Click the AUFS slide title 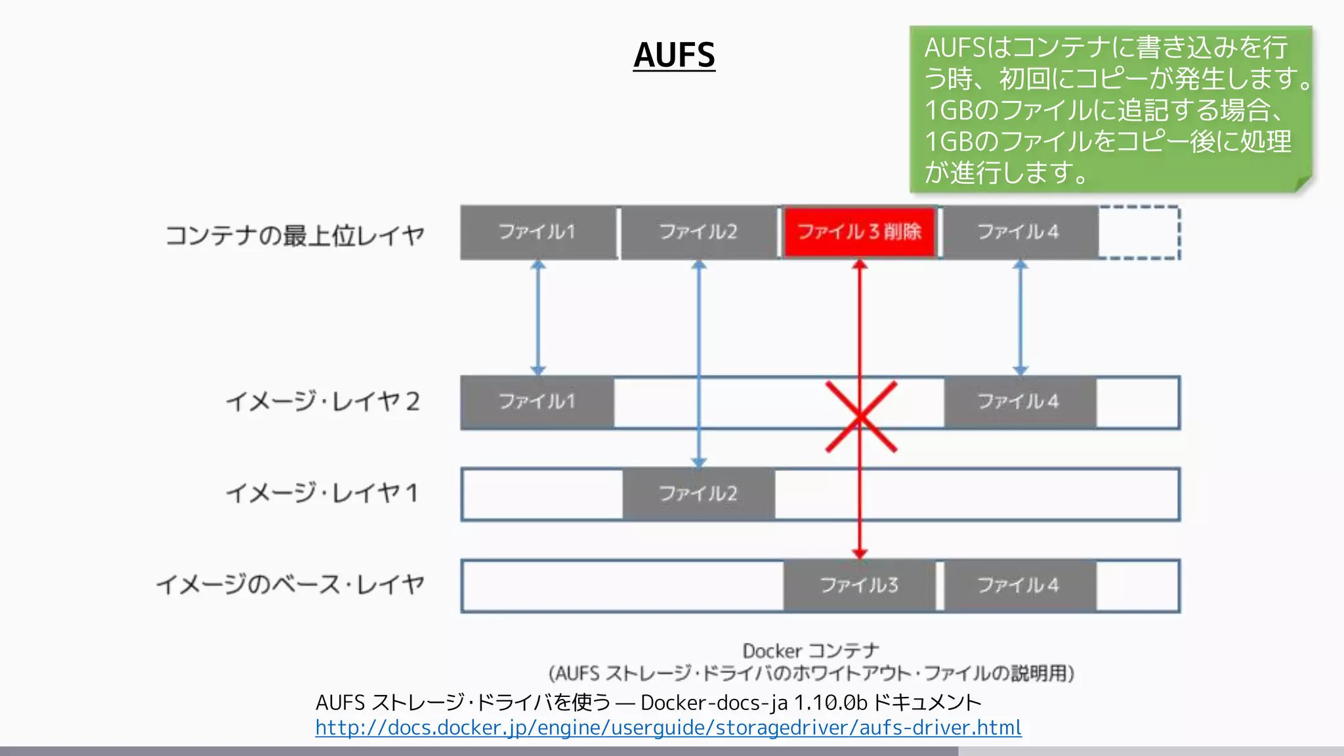(674, 55)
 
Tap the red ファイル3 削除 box (859, 232)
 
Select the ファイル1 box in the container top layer (537, 232)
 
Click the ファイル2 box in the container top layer (698, 232)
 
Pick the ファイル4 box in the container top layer (1018, 232)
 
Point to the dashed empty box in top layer (1139, 232)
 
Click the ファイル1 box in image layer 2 (537, 402)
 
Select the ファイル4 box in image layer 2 (1019, 402)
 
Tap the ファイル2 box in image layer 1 (698, 493)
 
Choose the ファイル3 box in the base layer (859, 585)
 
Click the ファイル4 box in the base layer (1019, 585)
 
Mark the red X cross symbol (860, 417)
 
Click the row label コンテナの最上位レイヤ (295, 235)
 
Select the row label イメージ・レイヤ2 (322, 402)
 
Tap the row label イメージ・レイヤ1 (322, 493)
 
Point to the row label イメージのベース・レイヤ (291, 584)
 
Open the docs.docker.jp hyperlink (668, 728)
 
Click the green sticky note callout (1110, 109)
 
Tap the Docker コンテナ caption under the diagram (810, 651)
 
